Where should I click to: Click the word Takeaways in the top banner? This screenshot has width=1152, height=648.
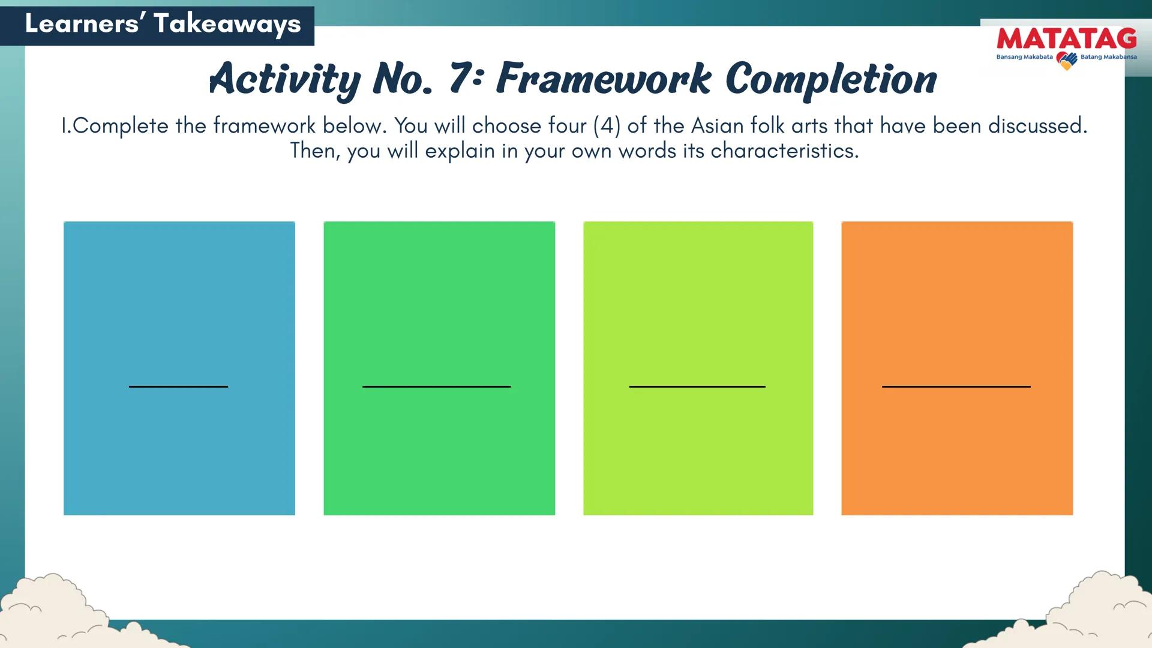click(x=227, y=24)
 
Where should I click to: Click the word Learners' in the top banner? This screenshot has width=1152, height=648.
click(x=82, y=23)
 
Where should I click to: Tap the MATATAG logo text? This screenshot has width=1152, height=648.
click(x=1067, y=39)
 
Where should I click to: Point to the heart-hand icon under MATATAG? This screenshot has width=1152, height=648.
click(x=1066, y=60)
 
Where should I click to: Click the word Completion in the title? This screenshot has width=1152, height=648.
click(x=831, y=79)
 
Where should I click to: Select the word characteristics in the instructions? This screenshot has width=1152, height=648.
click(x=784, y=151)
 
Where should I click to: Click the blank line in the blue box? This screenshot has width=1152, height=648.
click(x=178, y=386)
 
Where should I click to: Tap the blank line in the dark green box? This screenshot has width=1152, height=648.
click(x=437, y=386)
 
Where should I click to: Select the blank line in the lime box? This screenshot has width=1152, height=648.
click(x=697, y=386)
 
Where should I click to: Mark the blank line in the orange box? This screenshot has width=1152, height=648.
click(x=956, y=386)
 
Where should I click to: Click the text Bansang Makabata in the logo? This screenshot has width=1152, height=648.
click(x=1024, y=57)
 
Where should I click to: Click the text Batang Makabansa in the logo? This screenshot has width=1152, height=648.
click(x=1109, y=57)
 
